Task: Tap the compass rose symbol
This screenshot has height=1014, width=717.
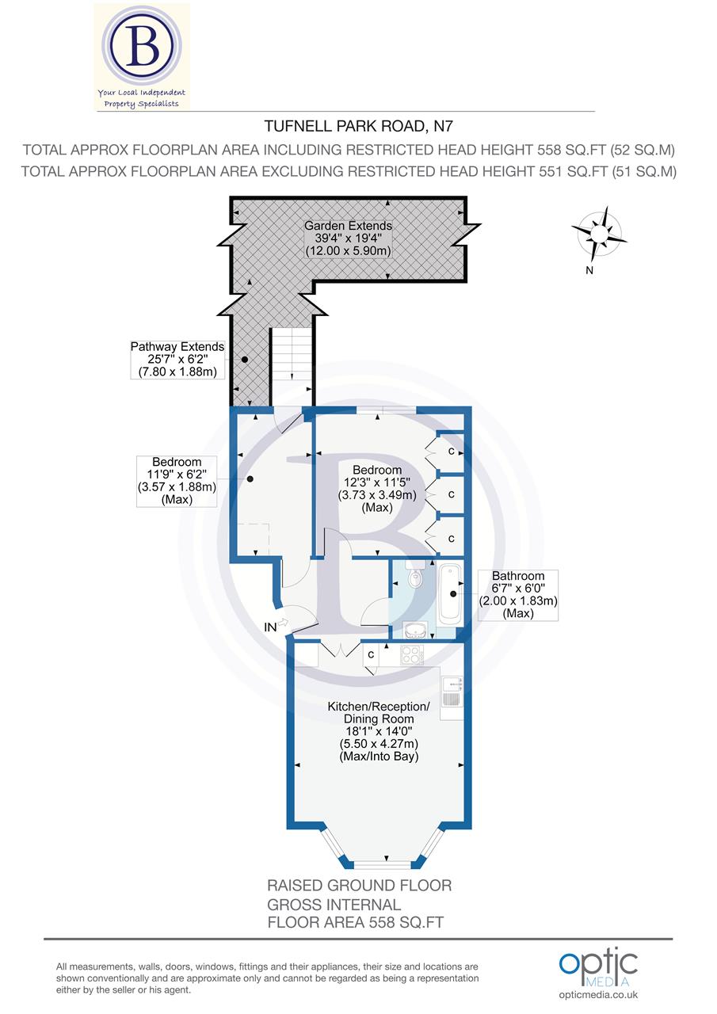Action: [599, 234]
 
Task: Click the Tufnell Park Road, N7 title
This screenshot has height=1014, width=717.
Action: [357, 125]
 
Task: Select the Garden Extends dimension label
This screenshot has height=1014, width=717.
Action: [348, 238]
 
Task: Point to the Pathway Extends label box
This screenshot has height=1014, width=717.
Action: [177, 360]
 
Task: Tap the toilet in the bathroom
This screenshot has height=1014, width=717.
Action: [415, 578]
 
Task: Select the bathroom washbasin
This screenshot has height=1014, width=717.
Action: [415, 631]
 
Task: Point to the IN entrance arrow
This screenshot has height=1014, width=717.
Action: [277, 627]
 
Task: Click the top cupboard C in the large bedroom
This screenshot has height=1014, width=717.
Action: [451, 452]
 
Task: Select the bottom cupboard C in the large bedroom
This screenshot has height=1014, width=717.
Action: [451, 538]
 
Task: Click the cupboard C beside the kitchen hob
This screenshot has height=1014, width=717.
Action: [370, 655]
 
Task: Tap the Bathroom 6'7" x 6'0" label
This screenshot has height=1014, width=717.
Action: [518, 594]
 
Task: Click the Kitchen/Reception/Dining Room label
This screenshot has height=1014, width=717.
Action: [379, 731]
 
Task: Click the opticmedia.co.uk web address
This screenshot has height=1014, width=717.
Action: [598, 995]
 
